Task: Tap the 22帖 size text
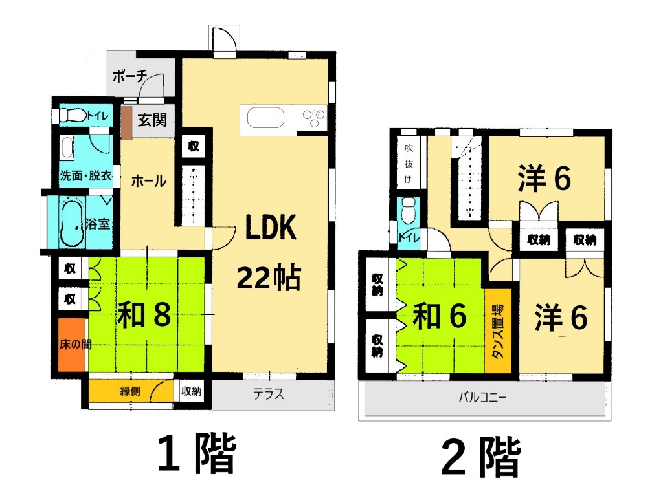[x=268, y=278]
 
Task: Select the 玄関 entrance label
[x=153, y=120]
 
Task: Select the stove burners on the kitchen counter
[x=314, y=118]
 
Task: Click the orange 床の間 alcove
[x=71, y=345]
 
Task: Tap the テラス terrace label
[x=268, y=395]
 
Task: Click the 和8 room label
[x=144, y=315]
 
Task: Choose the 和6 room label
[x=440, y=317]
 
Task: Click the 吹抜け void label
[x=408, y=162]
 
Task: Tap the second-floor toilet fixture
[x=409, y=210]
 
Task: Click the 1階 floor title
[x=196, y=455]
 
